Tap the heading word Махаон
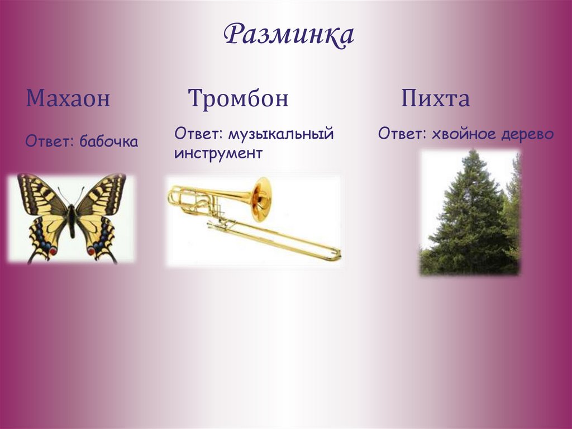point(68,99)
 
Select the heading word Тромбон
point(239,99)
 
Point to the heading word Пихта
point(435,99)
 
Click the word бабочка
point(108,142)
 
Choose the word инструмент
point(218,153)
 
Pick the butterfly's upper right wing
point(101,195)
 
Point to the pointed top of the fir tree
point(475,153)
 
